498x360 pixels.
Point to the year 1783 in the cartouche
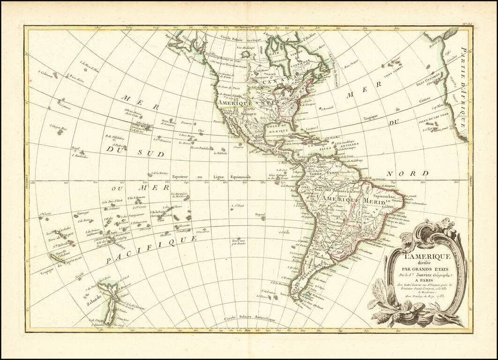(x=441, y=300)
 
